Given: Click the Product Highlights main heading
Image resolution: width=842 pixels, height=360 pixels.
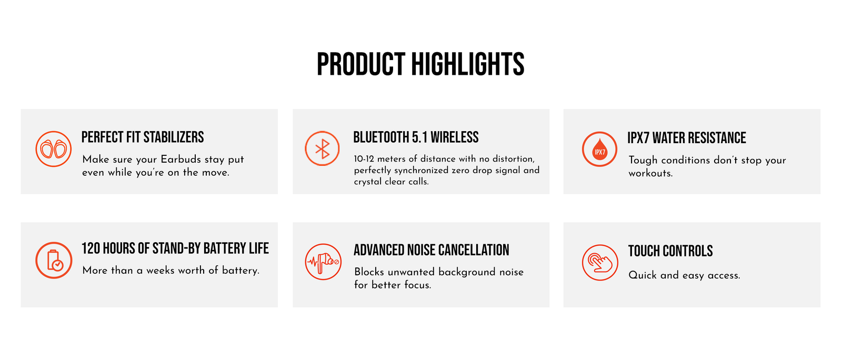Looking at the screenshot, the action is pyautogui.click(x=420, y=64).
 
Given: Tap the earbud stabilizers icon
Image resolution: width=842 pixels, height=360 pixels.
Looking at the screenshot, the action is pyautogui.click(x=53, y=149).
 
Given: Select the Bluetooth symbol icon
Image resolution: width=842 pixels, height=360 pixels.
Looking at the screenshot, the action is pyautogui.click(x=322, y=148).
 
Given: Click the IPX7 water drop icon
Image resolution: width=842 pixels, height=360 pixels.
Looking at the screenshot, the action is pyautogui.click(x=599, y=149).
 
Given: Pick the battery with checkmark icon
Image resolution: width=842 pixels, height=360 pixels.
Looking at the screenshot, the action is pyautogui.click(x=54, y=260).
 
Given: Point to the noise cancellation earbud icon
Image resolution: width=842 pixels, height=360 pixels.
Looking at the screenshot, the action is pyautogui.click(x=323, y=262).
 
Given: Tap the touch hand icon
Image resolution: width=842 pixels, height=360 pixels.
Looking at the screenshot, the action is pyautogui.click(x=600, y=262).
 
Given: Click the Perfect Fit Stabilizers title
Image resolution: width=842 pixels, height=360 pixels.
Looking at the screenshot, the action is pyautogui.click(x=143, y=137).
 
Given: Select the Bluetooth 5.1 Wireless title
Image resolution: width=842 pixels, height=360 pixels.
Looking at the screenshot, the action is pyautogui.click(x=416, y=137).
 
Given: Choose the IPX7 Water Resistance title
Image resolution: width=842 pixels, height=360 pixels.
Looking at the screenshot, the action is pyautogui.click(x=687, y=138).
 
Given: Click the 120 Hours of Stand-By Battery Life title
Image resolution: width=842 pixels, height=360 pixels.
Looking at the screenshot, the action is pyautogui.click(x=175, y=248).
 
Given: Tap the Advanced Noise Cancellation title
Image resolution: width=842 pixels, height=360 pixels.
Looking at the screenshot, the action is pyautogui.click(x=432, y=251).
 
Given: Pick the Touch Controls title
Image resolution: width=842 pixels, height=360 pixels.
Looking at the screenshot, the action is pyautogui.click(x=670, y=251).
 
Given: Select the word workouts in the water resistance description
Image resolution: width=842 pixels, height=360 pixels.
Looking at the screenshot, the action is pyautogui.click(x=650, y=173).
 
